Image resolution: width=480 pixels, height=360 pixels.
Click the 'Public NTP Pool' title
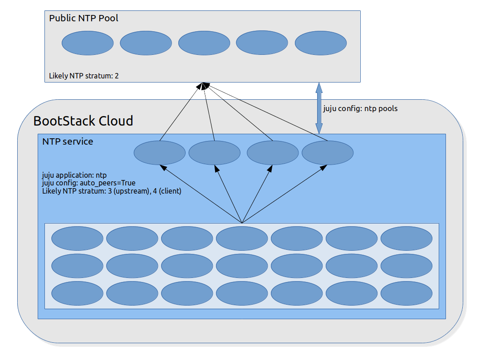(x=83, y=19)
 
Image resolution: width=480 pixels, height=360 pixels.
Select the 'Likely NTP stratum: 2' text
(x=84, y=76)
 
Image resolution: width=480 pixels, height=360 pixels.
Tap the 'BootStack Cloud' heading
(x=83, y=121)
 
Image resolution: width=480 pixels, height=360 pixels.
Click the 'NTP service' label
(x=68, y=141)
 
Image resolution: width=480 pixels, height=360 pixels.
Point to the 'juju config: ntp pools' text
(x=360, y=108)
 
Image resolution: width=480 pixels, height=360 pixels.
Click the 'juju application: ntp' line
(x=74, y=175)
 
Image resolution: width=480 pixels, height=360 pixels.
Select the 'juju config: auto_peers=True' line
(x=88, y=183)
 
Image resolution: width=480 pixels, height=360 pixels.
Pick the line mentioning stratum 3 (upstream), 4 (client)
(x=112, y=191)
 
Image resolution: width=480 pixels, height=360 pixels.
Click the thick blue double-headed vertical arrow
(x=319, y=108)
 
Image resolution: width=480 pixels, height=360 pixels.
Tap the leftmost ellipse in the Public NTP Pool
(x=88, y=43)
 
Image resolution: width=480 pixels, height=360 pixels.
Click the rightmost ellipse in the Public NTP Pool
(x=321, y=43)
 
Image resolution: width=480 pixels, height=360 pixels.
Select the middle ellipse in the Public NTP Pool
(x=204, y=43)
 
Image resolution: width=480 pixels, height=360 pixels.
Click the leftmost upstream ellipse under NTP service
(x=160, y=152)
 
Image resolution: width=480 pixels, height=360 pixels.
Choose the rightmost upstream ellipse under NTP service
(x=328, y=152)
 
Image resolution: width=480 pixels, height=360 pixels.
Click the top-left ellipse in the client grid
(x=78, y=238)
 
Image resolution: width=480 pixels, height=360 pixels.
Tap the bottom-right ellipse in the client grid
(x=407, y=293)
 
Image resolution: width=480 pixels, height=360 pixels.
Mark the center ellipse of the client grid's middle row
(x=242, y=266)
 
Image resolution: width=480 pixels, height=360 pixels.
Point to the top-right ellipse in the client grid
(x=407, y=238)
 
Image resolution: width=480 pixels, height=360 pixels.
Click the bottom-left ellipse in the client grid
(x=78, y=293)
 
